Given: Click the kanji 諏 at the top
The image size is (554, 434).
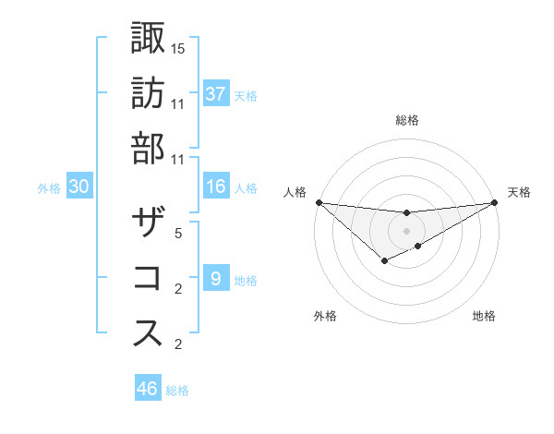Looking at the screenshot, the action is (149, 38).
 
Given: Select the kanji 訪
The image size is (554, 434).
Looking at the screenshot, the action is (149, 92).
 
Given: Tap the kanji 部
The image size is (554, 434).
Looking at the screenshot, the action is (149, 147).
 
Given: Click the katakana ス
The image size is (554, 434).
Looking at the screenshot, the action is (149, 333).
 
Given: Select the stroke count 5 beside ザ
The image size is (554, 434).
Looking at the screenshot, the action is (178, 234).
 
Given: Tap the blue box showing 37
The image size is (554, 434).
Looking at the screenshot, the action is (215, 94).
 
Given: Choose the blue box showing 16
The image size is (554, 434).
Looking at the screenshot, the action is (215, 187).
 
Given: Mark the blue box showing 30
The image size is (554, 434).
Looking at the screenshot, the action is (78, 187).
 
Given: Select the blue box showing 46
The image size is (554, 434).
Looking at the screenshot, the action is (147, 389).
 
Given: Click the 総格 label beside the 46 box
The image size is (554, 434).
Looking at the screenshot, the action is (177, 391).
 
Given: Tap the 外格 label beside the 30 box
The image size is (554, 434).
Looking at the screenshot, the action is (49, 188).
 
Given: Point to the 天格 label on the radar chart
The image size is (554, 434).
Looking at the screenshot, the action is (520, 192).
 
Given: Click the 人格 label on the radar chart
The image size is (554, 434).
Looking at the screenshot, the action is (294, 192).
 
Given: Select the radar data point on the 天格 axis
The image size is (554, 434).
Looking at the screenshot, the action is (494, 202).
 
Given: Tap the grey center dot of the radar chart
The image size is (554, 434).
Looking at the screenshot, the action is (406, 230).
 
